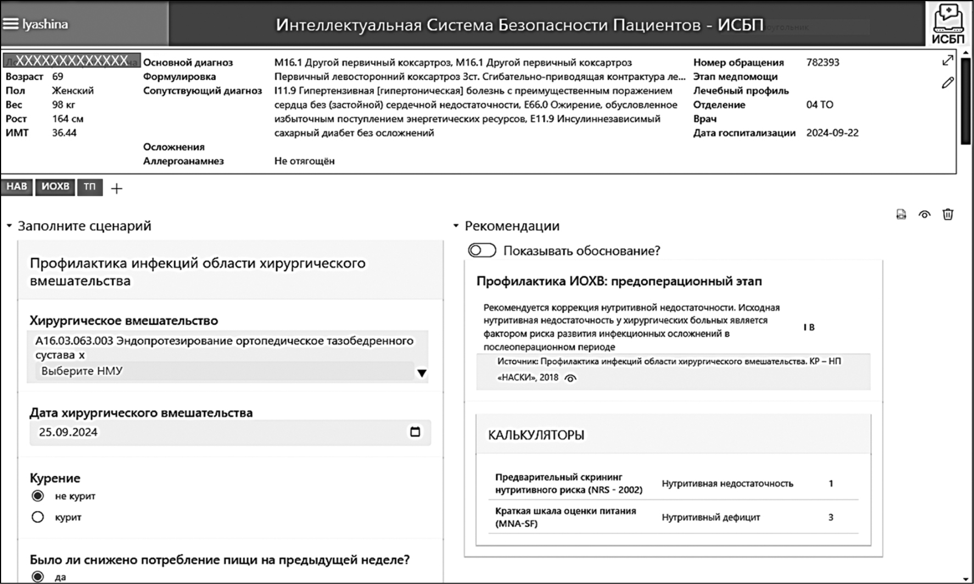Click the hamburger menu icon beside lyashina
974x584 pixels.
click(x=10, y=24)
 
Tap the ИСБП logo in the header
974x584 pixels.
click(x=948, y=24)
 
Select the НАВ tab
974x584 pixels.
click(x=16, y=187)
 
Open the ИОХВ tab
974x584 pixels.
click(x=55, y=187)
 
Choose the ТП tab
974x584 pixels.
click(x=89, y=187)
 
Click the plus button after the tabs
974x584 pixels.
click(x=116, y=188)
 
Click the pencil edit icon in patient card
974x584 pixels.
click(x=948, y=83)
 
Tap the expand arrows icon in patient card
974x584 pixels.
click(x=948, y=60)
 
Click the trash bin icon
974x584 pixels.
click(x=948, y=214)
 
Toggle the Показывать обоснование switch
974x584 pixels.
click(x=482, y=251)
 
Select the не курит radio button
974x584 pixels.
click(x=38, y=496)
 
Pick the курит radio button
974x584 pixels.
click(x=38, y=517)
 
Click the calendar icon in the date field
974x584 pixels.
click(x=415, y=432)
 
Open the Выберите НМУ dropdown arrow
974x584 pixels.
click(x=421, y=374)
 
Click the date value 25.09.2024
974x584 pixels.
click(x=68, y=432)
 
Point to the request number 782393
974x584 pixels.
click(x=822, y=63)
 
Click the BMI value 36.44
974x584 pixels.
click(x=64, y=133)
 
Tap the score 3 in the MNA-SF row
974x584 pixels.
click(x=831, y=517)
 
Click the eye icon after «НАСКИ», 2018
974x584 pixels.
click(x=571, y=378)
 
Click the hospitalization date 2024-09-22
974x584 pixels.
click(x=832, y=133)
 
